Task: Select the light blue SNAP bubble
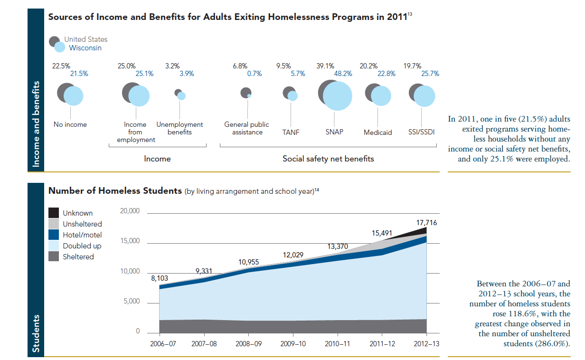coord(338,96)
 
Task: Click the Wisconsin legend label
coord(85,48)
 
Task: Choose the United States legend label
coord(86,39)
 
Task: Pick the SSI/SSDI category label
coord(422,133)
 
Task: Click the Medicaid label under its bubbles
coord(378,133)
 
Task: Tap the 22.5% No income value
coord(61,66)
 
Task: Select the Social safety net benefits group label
coord(328,159)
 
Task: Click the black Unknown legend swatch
coord(54,213)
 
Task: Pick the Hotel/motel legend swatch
coord(54,235)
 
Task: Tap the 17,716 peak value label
coord(427,222)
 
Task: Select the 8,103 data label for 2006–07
coord(160,279)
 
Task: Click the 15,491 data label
coord(381,233)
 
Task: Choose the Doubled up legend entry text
coord(82,246)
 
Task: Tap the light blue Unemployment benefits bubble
coord(181,96)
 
